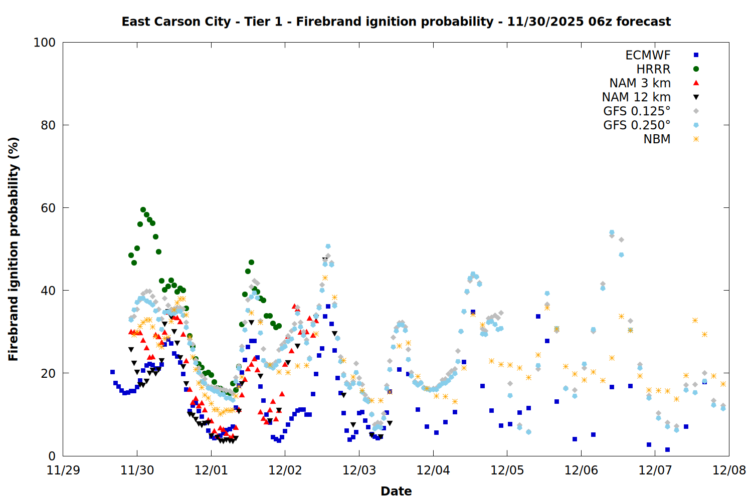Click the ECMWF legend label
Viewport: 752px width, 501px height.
(648, 55)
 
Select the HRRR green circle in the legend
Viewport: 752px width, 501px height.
(696, 69)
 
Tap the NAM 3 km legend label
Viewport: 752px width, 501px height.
(640, 83)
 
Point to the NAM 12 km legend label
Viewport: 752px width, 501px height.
(636, 97)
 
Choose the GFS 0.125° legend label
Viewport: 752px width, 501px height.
(637, 111)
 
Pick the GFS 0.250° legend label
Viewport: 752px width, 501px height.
(637, 125)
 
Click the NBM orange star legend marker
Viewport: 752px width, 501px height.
(696, 139)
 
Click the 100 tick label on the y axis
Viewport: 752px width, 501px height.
(45, 43)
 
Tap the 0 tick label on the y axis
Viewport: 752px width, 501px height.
(52, 456)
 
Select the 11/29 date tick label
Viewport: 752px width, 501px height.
(63, 470)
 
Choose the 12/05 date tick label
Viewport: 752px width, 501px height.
(507, 470)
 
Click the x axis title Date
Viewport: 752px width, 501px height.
(396, 491)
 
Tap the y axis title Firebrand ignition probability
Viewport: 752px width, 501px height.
(14, 249)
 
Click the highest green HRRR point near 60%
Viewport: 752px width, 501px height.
(143, 210)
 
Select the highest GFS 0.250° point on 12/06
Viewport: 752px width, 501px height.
(612, 232)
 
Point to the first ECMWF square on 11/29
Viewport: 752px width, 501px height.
(112, 372)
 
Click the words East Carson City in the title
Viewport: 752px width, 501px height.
(176, 22)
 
